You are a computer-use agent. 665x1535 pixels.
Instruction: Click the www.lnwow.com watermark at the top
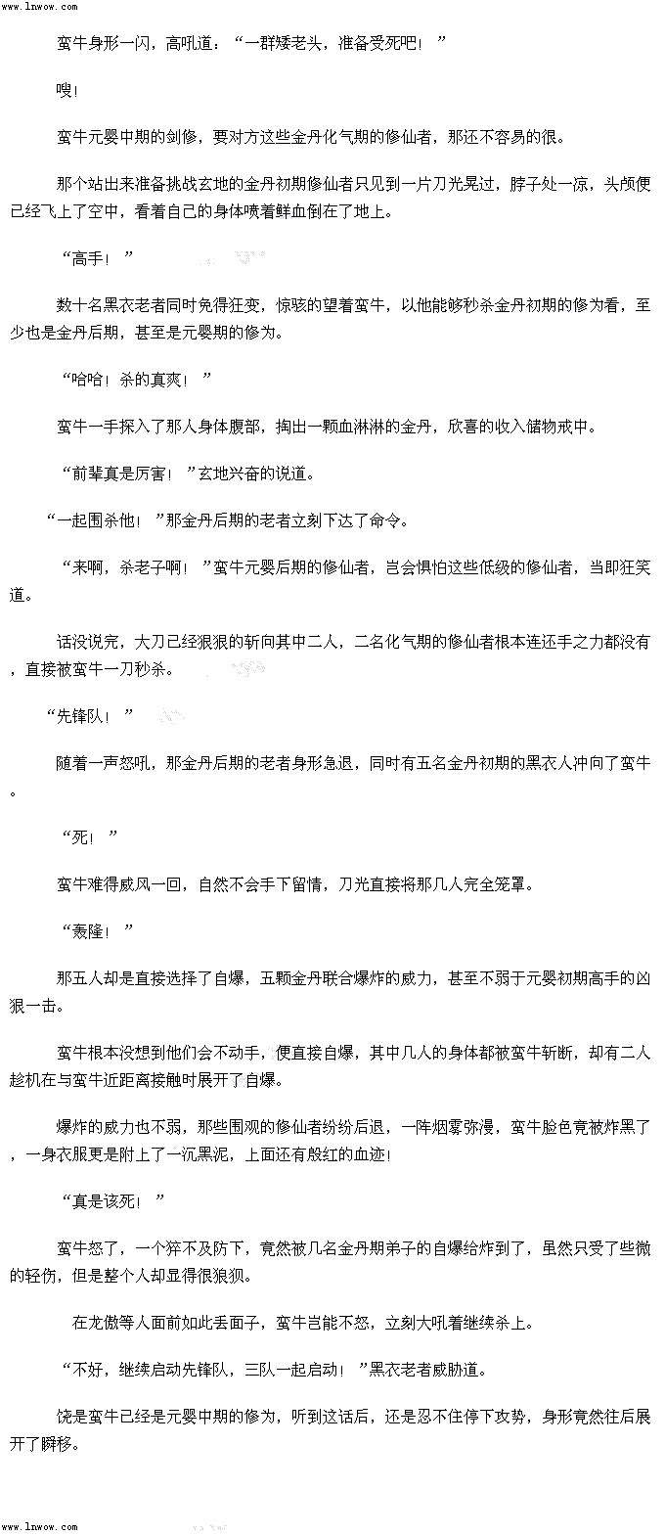click(39, 7)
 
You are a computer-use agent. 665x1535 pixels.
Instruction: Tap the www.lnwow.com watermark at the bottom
click(39, 1526)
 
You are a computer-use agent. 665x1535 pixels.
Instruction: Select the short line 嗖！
click(67, 91)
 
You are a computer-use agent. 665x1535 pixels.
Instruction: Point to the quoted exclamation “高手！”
click(97, 258)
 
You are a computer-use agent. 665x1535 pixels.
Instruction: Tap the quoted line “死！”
click(89, 836)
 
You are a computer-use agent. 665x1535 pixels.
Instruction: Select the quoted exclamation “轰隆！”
click(97, 930)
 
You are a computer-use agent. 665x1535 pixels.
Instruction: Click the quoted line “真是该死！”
click(112, 1200)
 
